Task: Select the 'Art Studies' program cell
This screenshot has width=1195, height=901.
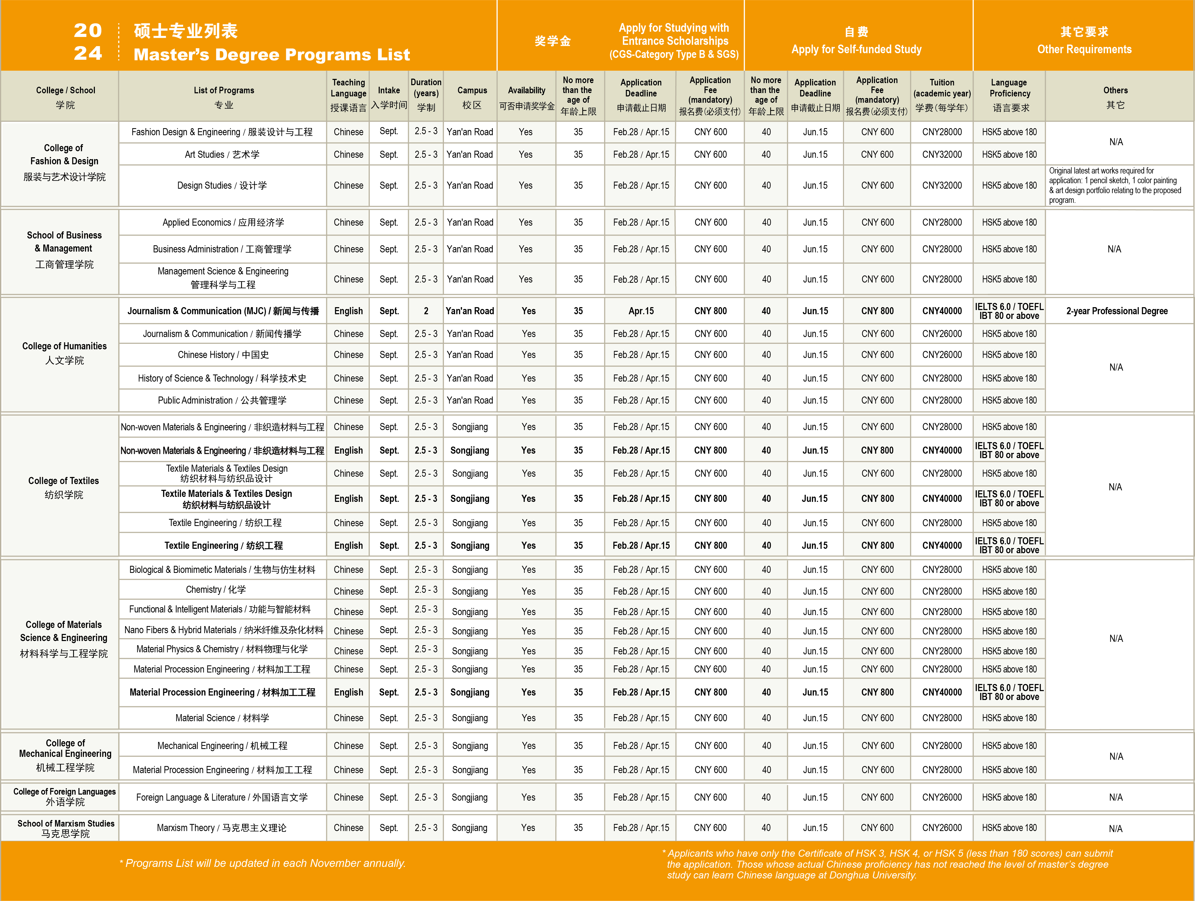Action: pos(222,154)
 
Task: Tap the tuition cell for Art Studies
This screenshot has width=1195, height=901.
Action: pos(942,154)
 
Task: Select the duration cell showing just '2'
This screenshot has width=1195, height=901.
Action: pos(426,311)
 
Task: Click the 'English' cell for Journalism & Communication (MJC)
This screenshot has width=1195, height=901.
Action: pos(349,311)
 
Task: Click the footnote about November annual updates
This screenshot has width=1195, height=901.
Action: pos(263,863)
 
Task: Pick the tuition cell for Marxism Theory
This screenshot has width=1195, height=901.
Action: pos(942,828)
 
